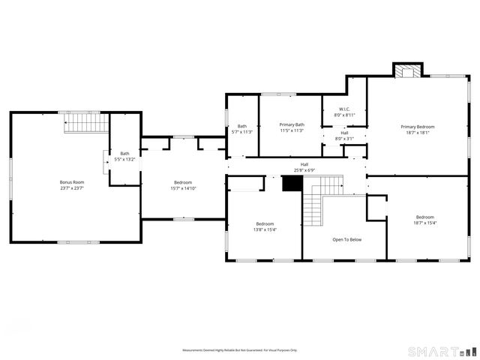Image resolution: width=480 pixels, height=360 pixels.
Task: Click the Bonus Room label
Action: pyautogui.click(x=72, y=182)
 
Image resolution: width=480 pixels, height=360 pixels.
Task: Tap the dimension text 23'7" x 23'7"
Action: pyautogui.click(x=72, y=188)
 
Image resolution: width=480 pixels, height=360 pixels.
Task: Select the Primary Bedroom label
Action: pyautogui.click(x=417, y=127)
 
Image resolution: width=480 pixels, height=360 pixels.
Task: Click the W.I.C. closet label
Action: pyautogui.click(x=344, y=109)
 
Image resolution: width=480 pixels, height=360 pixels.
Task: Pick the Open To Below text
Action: pyautogui.click(x=347, y=240)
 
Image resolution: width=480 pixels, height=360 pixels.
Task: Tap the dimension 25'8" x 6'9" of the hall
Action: pyautogui.click(x=304, y=169)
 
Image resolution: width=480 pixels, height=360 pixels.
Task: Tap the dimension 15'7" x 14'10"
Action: pyautogui.click(x=183, y=188)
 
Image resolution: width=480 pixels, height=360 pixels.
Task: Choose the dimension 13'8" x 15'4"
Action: pyautogui.click(x=265, y=229)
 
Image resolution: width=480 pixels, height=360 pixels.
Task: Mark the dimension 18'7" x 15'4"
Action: pyautogui.click(x=425, y=223)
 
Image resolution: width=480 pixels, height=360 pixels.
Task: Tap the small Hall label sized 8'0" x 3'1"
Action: pyautogui.click(x=344, y=139)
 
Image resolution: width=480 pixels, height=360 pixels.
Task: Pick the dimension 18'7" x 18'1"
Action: pyautogui.click(x=417, y=133)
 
